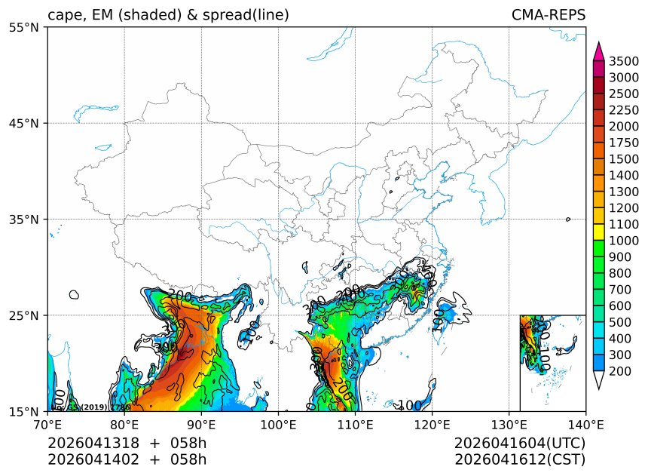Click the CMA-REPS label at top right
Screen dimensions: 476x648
pyautogui.click(x=548, y=15)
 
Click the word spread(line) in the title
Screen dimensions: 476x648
pyautogui.click(x=246, y=15)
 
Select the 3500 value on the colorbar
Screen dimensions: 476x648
pyautogui.click(x=624, y=61)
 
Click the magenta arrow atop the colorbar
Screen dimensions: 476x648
pyautogui.click(x=599, y=51)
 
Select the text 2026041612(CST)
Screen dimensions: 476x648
pyautogui.click(x=520, y=459)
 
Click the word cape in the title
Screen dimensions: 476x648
pyautogui.click(x=63, y=15)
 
